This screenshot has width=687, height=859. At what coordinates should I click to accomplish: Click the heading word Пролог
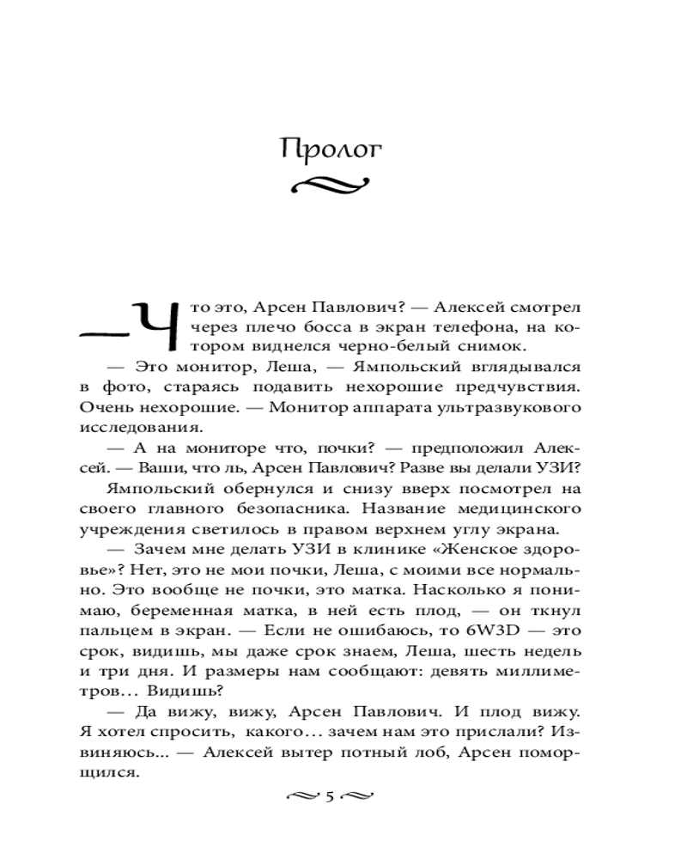[331, 149]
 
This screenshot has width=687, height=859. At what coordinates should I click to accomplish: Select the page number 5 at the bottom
[330, 796]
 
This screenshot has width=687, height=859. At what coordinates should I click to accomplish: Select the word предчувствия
[523, 386]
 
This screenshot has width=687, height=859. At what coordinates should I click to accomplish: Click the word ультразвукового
[518, 405]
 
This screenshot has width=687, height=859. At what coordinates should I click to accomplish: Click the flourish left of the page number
[301, 796]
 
